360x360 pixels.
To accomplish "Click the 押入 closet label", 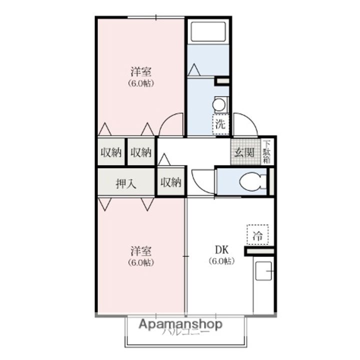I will (x=126, y=183).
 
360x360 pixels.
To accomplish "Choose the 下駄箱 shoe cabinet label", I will (x=267, y=151).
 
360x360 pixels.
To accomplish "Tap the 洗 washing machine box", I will (x=220, y=125).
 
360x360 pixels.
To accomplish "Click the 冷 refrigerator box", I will (x=257, y=234).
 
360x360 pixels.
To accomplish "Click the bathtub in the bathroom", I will (x=208, y=31).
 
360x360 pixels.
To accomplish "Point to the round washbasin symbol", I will (x=219, y=104).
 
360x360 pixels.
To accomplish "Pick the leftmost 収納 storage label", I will (x=111, y=152).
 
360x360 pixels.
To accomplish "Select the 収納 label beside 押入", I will (x=170, y=183).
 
